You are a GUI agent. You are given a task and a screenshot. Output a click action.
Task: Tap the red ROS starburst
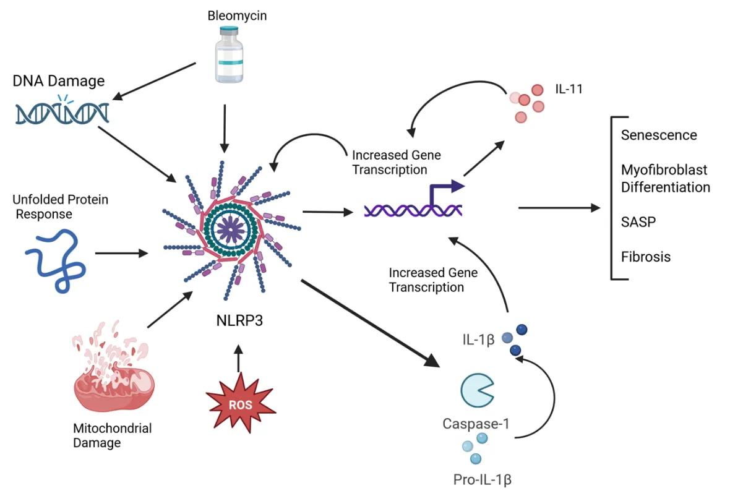tap(240, 406)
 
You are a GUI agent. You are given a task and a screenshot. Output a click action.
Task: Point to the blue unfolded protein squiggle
tap(56, 260)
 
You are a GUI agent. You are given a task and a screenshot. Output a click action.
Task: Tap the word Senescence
tap(659, 135)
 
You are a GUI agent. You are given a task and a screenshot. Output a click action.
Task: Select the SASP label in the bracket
tap(638, 221)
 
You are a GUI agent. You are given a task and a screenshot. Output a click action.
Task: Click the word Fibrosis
tap(646, 257)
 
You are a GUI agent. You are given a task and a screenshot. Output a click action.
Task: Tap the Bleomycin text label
tap(237, 15)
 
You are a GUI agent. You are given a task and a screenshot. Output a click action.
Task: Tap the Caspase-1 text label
tap(476, 424)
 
